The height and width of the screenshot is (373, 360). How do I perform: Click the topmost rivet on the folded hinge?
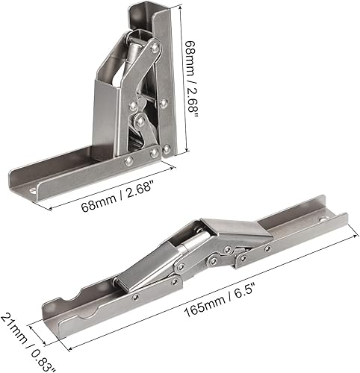(153, 48)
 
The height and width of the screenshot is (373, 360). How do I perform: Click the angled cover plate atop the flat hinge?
(238, 232)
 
